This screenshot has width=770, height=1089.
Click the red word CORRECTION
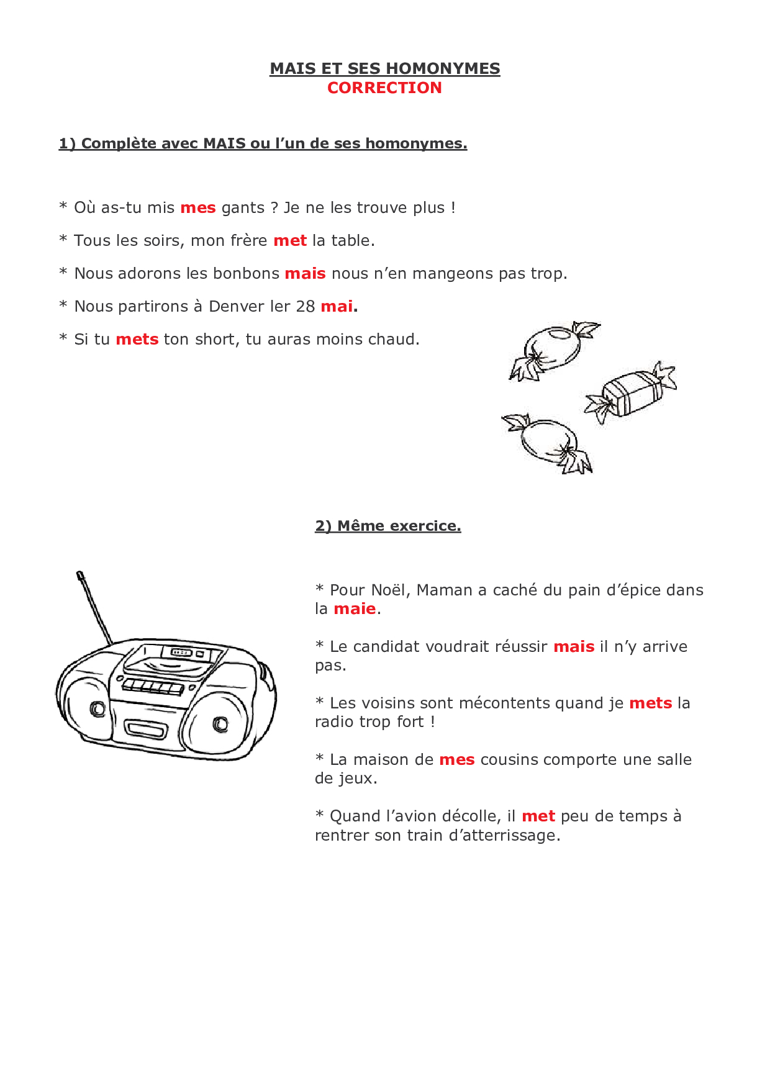(x=384, y=88)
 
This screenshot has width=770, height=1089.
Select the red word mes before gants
(x=197, y=208)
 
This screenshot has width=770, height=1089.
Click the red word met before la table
(x=290, y=241)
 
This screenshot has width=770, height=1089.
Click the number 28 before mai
(x=305, y=307)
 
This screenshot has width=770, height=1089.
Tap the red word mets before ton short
(x=137, y=340)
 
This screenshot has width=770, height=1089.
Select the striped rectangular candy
(x=628, y=392)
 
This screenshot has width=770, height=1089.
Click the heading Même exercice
(x=398, y=526)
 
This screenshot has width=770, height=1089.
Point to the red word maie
(x=355, y=609)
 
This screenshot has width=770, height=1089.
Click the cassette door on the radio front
(x=147, y=727)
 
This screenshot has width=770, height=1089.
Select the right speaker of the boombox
(x=217, y=722)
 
